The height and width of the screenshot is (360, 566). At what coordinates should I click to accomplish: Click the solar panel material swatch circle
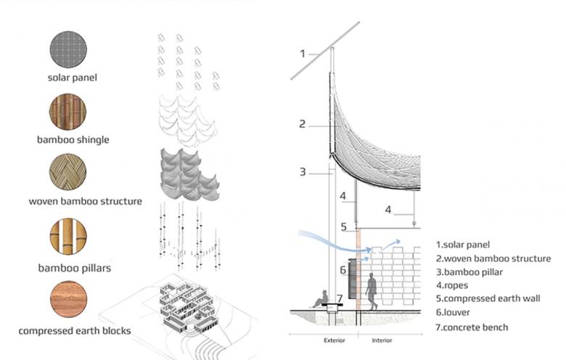67,50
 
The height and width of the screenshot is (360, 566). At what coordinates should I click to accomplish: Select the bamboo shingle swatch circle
67,112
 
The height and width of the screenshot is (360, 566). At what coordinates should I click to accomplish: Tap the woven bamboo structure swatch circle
67,175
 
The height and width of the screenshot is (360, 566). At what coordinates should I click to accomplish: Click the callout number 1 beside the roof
305,54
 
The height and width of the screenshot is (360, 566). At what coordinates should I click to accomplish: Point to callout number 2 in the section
302,124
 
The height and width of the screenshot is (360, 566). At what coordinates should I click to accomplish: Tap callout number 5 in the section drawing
344,227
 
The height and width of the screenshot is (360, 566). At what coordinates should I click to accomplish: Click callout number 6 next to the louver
343,269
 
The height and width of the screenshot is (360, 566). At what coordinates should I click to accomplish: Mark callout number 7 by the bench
339,298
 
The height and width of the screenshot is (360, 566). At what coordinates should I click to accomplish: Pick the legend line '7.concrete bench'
472,327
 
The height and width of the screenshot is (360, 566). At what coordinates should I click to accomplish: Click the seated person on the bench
319,298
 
